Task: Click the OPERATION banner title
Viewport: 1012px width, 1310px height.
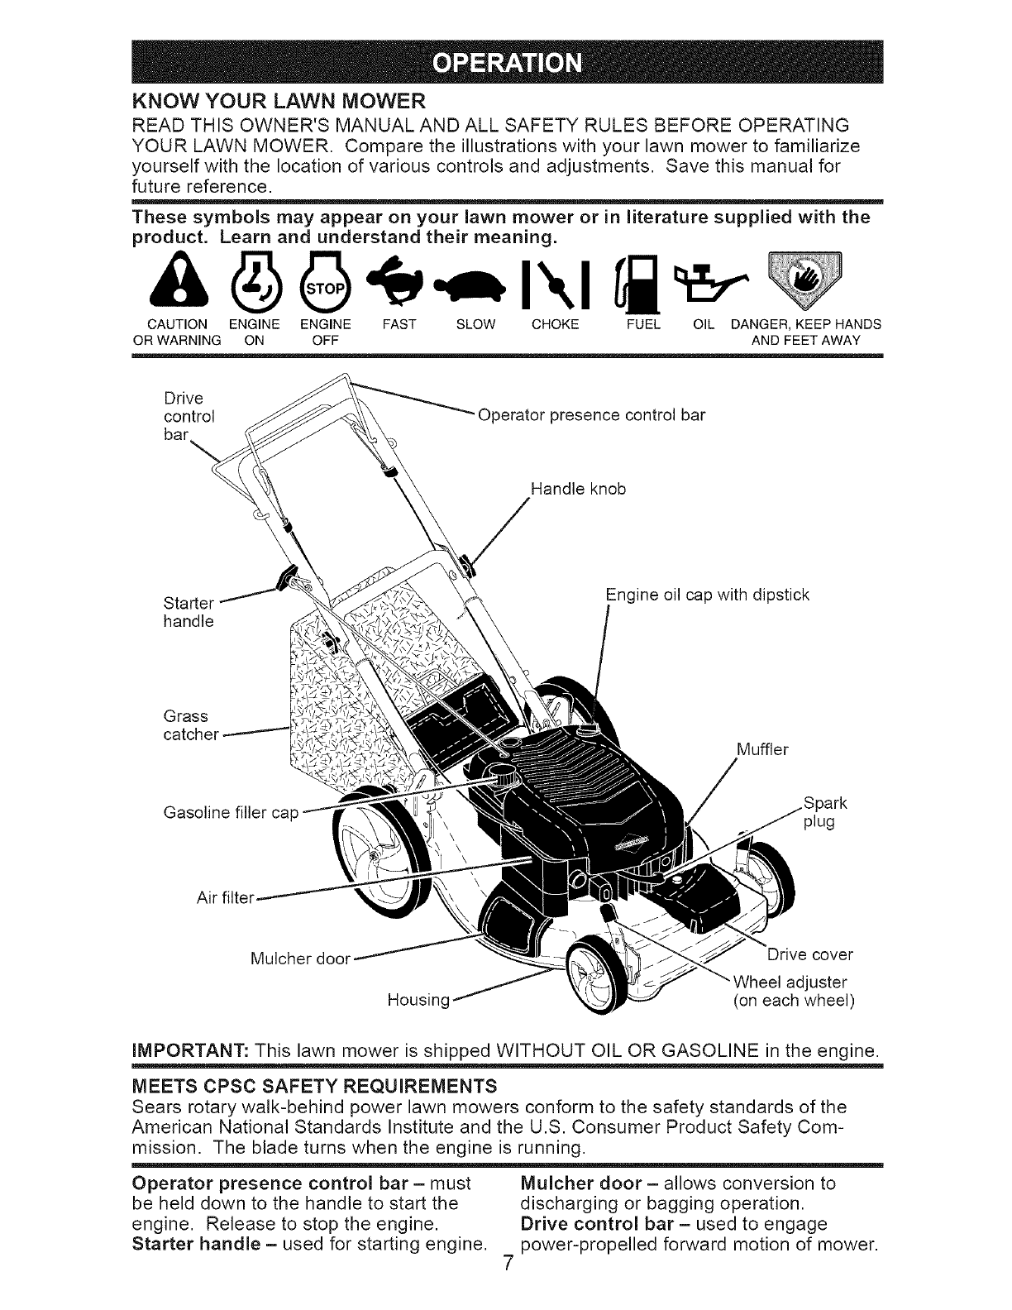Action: pos(507,64)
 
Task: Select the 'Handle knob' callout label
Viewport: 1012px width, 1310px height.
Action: pos(578,489)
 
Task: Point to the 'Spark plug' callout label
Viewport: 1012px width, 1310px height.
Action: pos(824,812)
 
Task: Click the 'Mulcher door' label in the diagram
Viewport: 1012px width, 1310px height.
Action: pos(301,959)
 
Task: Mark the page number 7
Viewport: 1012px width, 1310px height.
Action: pos(508,1288)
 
